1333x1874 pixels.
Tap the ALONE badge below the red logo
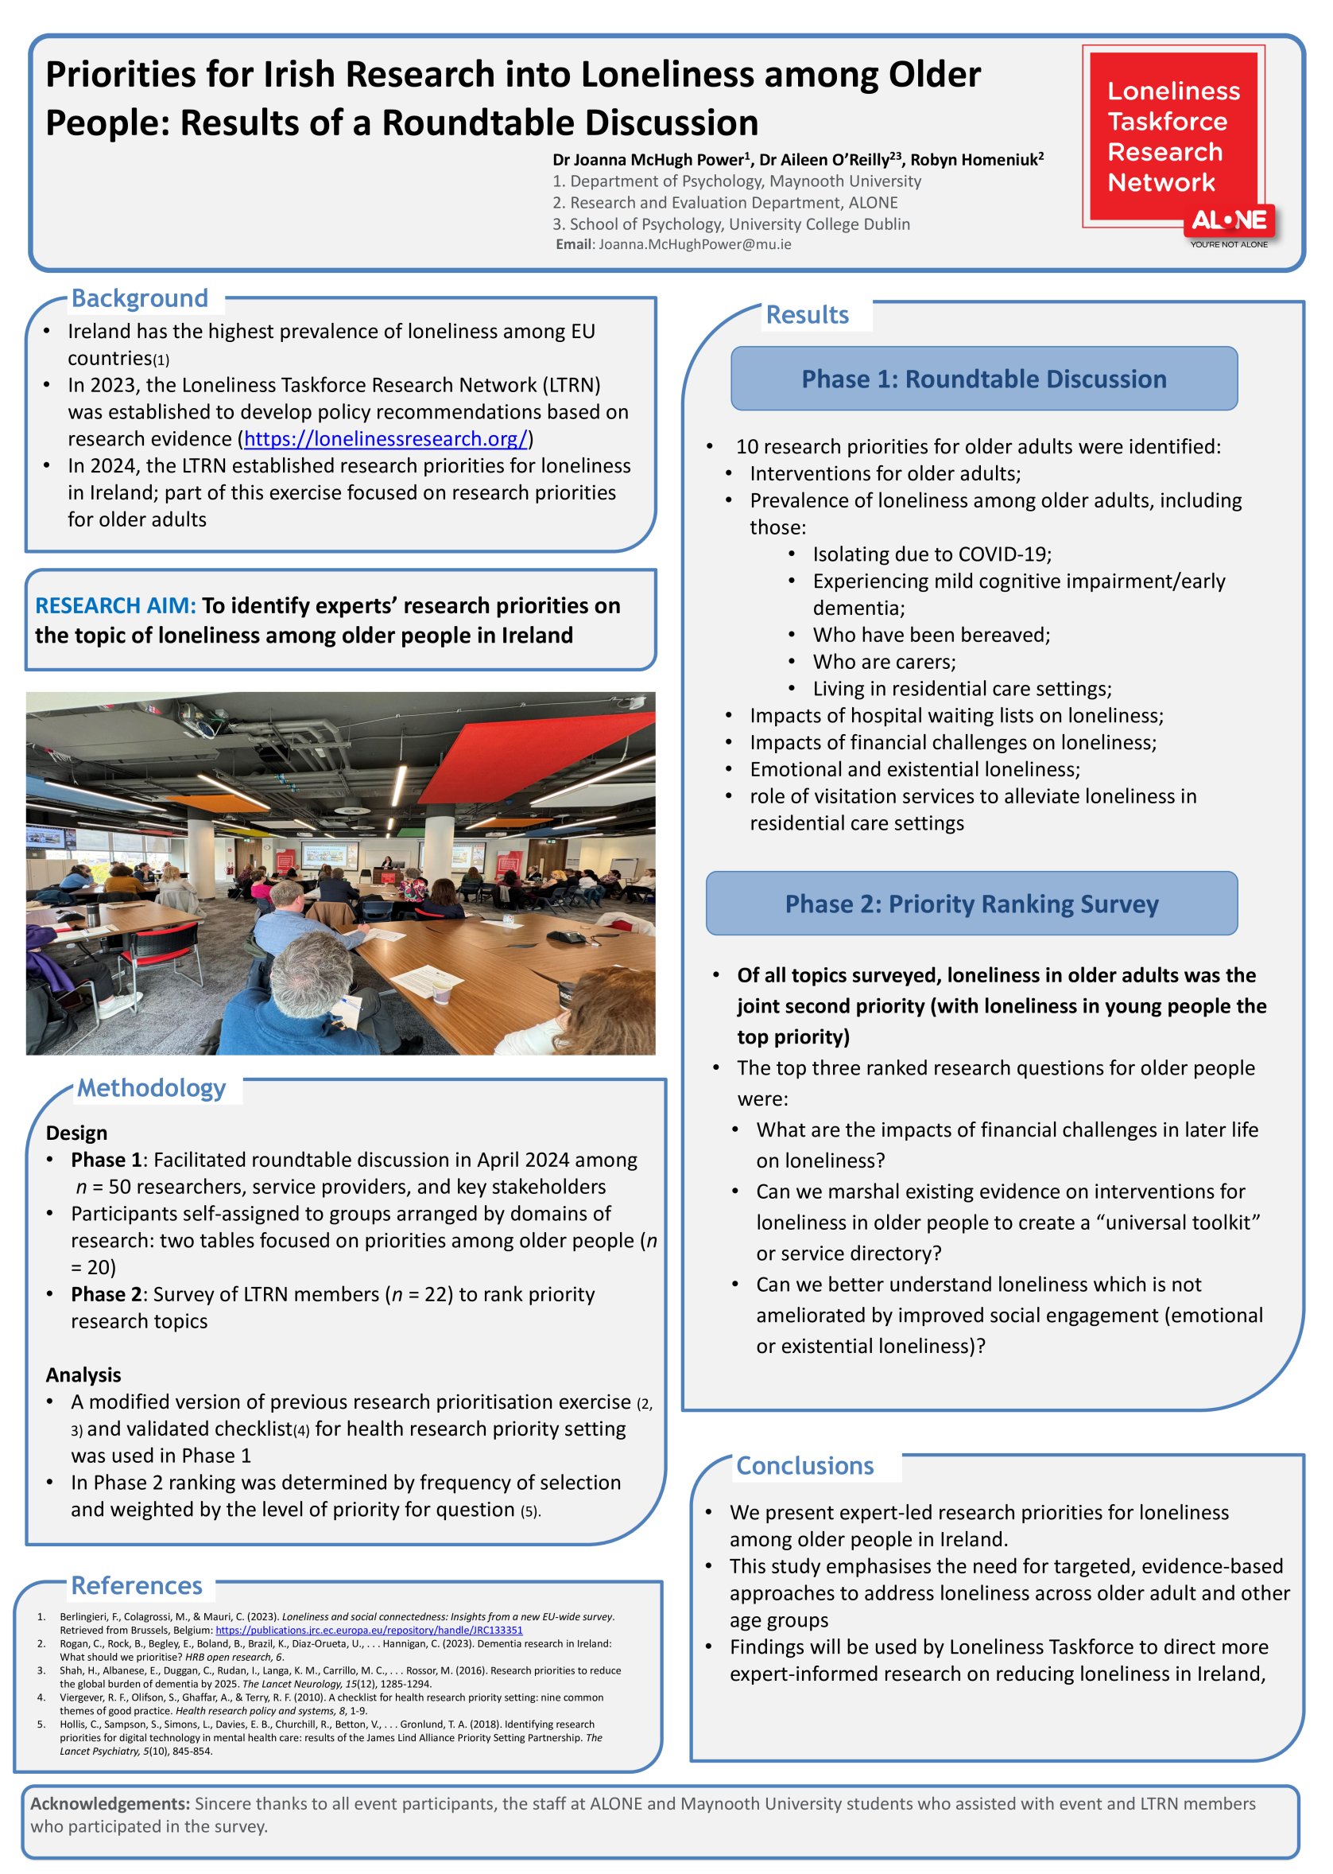click(1229, 221)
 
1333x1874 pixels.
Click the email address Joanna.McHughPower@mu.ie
click(695, 244)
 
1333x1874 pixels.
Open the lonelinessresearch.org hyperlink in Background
click(386, 438)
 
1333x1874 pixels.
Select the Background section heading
click(140, 298)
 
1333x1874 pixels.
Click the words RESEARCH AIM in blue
click(115, 605)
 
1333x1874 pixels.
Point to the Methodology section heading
click(151, 1088)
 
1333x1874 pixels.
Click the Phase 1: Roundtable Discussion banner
click(983, 379)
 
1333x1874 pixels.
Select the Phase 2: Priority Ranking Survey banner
click(971, 904)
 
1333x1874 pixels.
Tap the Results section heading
click(807, 314)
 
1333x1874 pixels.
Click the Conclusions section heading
click(804, 1465)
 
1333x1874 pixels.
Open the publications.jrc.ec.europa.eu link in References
click(369, 1630)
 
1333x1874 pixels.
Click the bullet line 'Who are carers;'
click(884, 662)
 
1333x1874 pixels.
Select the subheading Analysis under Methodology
click(83, 1374)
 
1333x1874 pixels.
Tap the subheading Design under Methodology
click(76, 1133)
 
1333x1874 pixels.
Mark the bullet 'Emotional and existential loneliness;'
click(914, 769)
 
